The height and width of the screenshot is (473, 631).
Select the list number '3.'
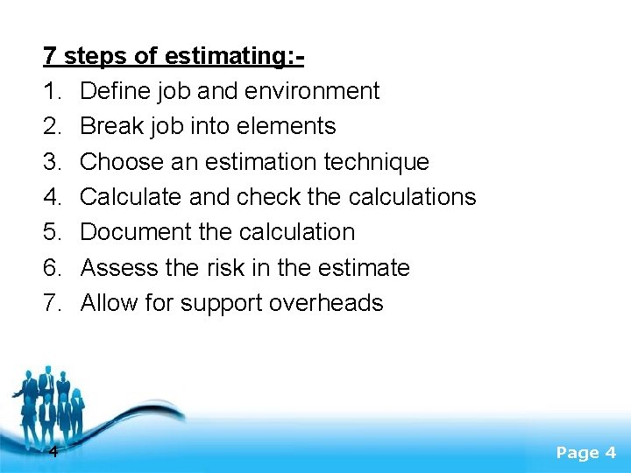54,162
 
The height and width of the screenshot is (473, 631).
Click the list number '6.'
54,267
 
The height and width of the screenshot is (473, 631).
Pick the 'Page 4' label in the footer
586,453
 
